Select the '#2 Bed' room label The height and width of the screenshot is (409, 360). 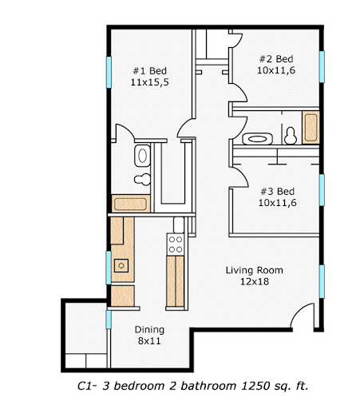pyautogui.click(x=275, y=59)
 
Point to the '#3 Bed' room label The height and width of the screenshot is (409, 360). pyautogui.click(x=278, y=192)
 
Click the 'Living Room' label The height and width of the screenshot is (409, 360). pyautogui.click(x=254, y=270)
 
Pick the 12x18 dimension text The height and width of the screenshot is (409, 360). pyautogui.click(x=254, y=281)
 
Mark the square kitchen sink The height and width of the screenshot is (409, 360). pyautogui.click(x=121, y=265)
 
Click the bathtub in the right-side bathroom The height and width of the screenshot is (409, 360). pyautogui.click(x=311, y=128)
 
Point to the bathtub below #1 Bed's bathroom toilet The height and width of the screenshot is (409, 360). pyautogui.click(x=131, y=203)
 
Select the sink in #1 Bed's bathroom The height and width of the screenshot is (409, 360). pyautogui.click(x=143, y=154)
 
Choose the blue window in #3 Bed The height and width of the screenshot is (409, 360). pyautogui.click(x=322, y=189)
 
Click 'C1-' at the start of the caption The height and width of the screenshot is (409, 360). pyautogui.click(x=88, y=386)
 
